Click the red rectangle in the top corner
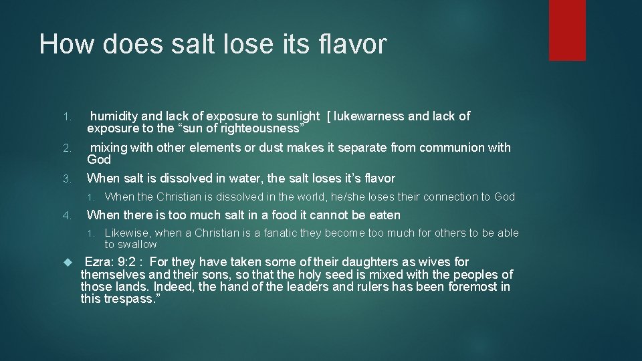pyautogui.click(x=567, y=29)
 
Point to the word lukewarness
pyautogui.click(x=369, y=116)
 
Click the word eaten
pyautogui.click(x=383, y=215)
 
